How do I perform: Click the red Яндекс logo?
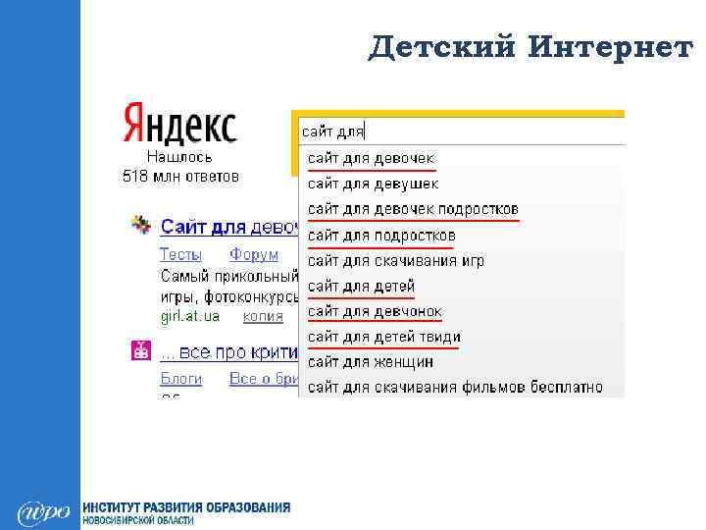click(x=179, y=125)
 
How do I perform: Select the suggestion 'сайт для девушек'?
click(x=374, y=184)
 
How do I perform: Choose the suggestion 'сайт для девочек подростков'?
click(x=413, y=209)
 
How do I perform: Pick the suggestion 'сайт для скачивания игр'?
click(x=396, y=261)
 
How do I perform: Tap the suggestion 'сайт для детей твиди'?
click(x=384, y=338)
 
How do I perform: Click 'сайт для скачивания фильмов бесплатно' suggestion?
click(x=455, y=387)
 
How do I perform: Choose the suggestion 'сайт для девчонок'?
click(x=375, y=312)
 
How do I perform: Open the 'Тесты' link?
click(x=180, y=254)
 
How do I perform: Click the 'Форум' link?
click(x=254, y=254)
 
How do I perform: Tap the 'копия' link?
click(x=263, y=316)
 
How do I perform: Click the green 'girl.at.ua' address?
click(x=190, y=316)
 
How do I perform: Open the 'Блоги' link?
click(x=181, y=378)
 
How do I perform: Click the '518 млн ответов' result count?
click(x=180, y=178)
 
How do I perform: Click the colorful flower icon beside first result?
click(x=142, y=225)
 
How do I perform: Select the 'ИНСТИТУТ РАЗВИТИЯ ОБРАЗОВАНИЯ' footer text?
click(x=186, y=507)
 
